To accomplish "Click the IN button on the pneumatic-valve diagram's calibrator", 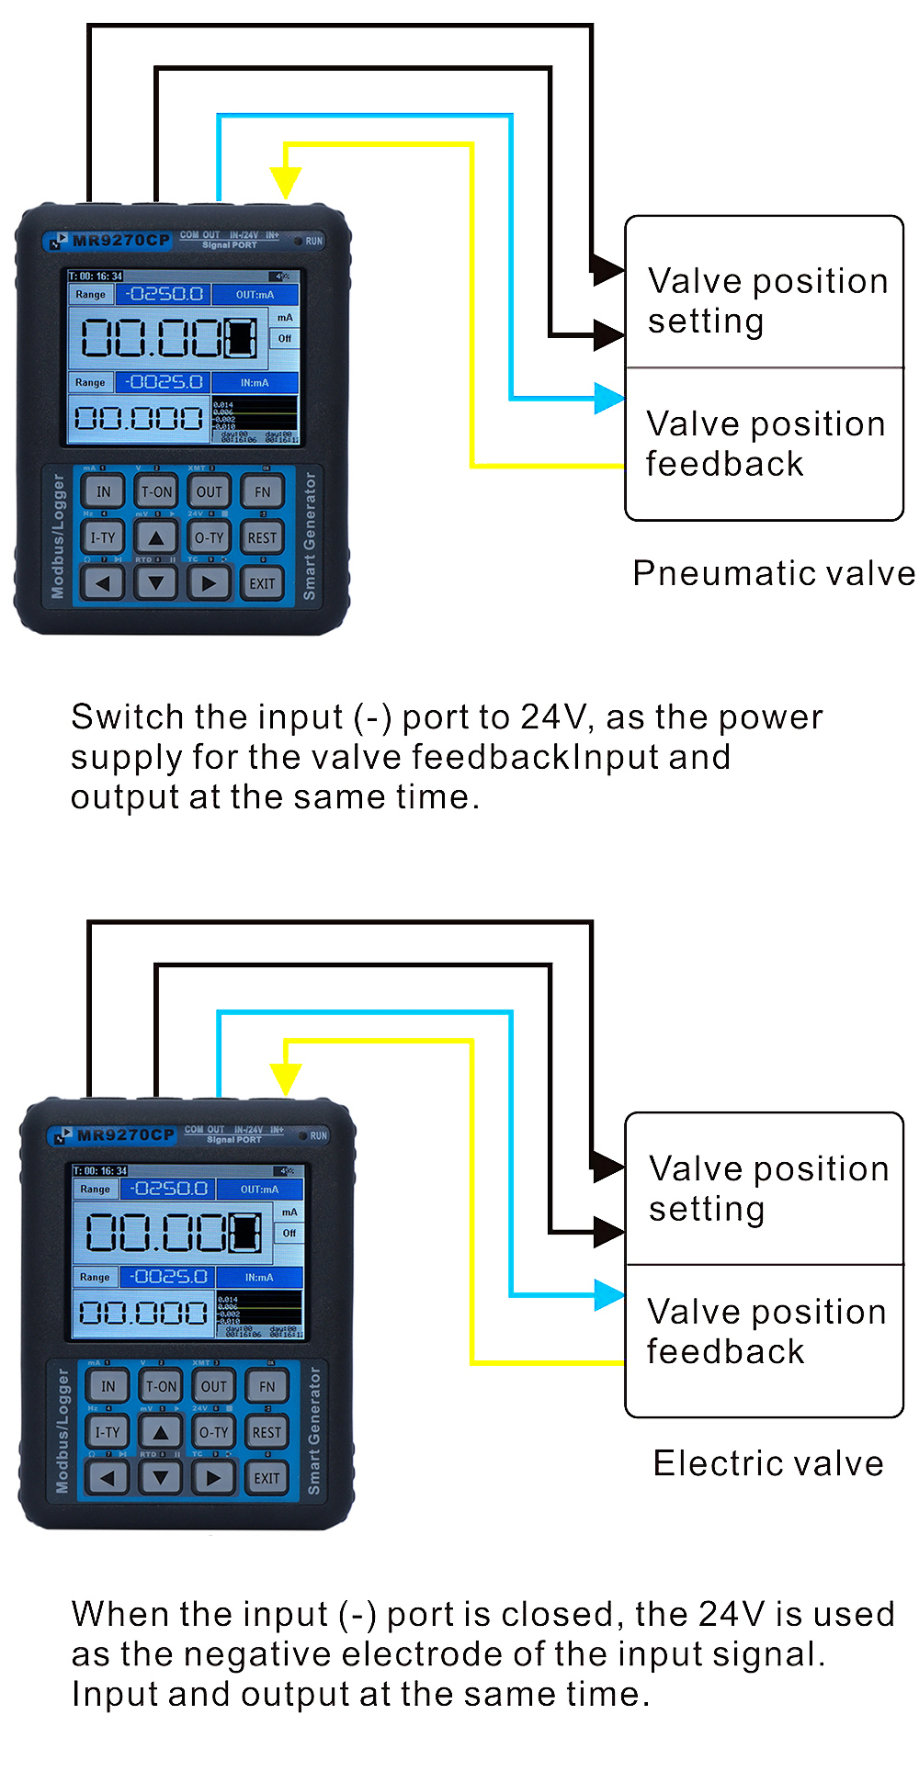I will coord(104,492).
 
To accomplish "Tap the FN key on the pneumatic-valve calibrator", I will coord(262,492).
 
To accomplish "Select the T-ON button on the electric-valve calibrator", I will coord(161,1387).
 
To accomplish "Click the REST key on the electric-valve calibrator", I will coord(267,1433).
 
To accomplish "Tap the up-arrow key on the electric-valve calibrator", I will coord(161,1433).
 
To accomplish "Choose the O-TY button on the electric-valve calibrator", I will coord(214,1433).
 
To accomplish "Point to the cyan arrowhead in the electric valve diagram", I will coord(609,1294).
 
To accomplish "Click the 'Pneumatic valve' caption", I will coord(774,573).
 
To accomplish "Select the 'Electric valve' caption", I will coord(768,1463).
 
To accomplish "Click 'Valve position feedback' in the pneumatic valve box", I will coord(766,444).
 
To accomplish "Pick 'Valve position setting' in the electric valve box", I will coord(768,1189).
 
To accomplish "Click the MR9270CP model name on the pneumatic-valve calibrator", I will coord(120,241).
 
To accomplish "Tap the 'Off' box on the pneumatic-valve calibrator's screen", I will coord(285,339).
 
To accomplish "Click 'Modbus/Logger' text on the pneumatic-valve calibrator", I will coord(59,536).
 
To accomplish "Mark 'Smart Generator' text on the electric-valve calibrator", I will coord(314,1431).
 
